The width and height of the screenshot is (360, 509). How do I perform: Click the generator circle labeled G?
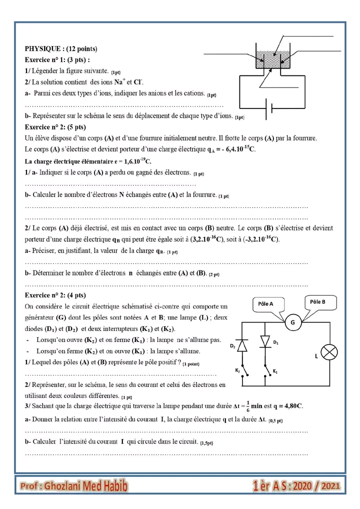point(293,323)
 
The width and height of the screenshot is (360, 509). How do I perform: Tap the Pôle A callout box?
point(265,303)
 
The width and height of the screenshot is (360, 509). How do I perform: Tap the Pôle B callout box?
point(317,301)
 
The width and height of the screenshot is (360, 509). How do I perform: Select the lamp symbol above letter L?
point(329,352)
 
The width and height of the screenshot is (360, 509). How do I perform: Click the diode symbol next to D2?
point(242,345)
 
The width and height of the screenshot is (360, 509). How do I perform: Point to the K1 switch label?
point(275,371)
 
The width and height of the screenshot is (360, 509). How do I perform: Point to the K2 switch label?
point(237,370)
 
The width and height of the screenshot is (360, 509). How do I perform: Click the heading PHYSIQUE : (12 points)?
point(61,49)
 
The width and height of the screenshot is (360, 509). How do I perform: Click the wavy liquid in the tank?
point(272,58)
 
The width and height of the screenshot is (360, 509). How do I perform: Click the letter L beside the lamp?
point(316,356)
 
